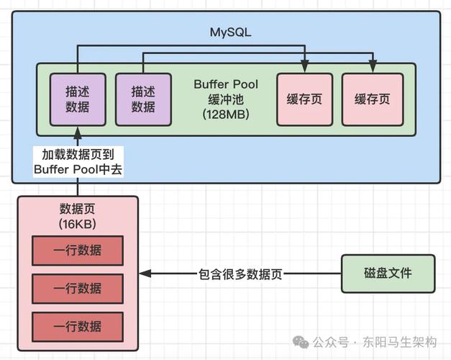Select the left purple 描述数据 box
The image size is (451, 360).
pos(78,99)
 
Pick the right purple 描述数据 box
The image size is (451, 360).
pos(143,99)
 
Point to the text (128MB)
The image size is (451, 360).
pos(225,114)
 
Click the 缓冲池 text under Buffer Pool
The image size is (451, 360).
pos(225,99)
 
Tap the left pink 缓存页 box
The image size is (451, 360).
pos(305,99)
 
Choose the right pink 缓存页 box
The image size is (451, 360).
pos(371,99)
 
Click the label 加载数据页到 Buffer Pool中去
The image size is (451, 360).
pos(78,161)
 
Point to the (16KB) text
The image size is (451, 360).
pos(78,224)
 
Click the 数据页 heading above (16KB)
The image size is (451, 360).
pos(78,210)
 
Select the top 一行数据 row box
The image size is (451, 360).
pos(78,251)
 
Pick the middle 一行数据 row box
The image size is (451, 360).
pos(78,288)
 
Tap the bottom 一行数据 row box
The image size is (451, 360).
pos(78,325)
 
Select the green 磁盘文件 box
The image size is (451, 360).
pos(388,274)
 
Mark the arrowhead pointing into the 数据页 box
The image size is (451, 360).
pos(143,274)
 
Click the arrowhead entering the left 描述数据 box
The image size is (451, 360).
pos(78,130)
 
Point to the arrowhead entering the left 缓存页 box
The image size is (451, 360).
pos(305,69)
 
